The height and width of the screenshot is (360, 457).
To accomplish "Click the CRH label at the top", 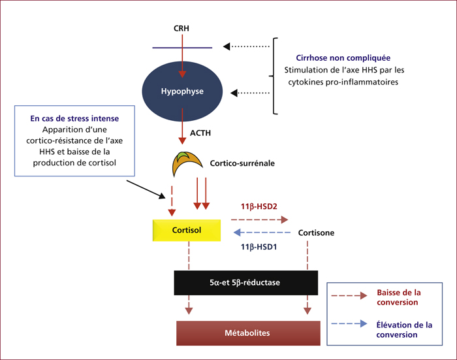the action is [x=181, y=28].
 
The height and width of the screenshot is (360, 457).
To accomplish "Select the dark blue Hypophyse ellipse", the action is [x=182, y=91].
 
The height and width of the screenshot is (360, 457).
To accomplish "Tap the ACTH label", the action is [x=200, y=133].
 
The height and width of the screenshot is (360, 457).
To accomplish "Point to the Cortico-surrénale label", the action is [x=242, y=163].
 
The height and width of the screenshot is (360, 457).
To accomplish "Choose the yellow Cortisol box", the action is [x=187, y=230].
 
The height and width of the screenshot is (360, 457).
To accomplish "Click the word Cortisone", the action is [x=316, y=233].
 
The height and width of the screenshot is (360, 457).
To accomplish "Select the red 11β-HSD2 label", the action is [x=259, y=206].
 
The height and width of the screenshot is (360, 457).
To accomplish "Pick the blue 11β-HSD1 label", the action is [x=259, y=247].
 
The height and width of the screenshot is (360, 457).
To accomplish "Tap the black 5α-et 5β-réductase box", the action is [x=246, y=283].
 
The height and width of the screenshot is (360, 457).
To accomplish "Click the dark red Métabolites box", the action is [x=248, y=333].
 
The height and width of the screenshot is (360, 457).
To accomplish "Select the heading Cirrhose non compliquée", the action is [x=343, y=58].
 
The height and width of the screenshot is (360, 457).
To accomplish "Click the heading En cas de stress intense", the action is [x=74, y=118].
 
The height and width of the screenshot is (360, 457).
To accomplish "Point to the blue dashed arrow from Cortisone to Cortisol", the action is [x=262, y=233].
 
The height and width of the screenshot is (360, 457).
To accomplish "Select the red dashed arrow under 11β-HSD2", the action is [x=259, y=220].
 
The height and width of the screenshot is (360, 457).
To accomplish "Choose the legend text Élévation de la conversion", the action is [x=404, y=330].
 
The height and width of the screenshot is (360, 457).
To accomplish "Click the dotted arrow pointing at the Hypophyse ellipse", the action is [x=250, y=93].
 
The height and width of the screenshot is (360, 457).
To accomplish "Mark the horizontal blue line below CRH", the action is [x=182, y=48].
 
